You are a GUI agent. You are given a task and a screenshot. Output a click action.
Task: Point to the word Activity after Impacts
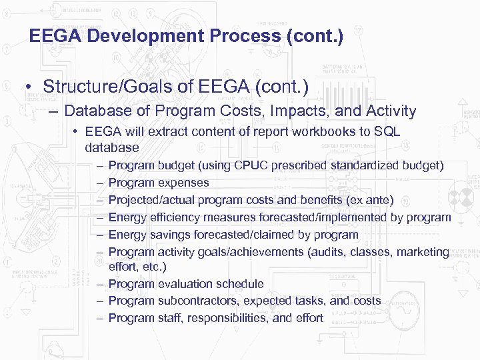(385, 111)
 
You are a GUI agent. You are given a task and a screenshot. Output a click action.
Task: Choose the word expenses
(183, 183)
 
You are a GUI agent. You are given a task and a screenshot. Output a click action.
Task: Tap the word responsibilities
(228, 318)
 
